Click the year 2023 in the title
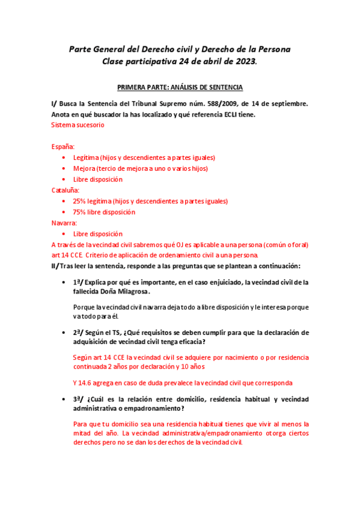pyautogui.click(x=244, y=61)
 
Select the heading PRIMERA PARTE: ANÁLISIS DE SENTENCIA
pyautogui.click(x=180, y=87)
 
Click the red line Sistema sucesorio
pyautogui.click(x=78, y=125)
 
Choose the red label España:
pyautogui.click(x=63, y=147)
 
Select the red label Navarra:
pyautogui.click(x=65, y=223)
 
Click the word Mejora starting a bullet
pyautogui.click(x=84, y=168)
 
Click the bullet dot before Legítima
pyautogui.click(x=64, y=158)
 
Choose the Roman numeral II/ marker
pyautogui.click(x=55, y=266)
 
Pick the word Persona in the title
pyautogui.click(x=273, y=48)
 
